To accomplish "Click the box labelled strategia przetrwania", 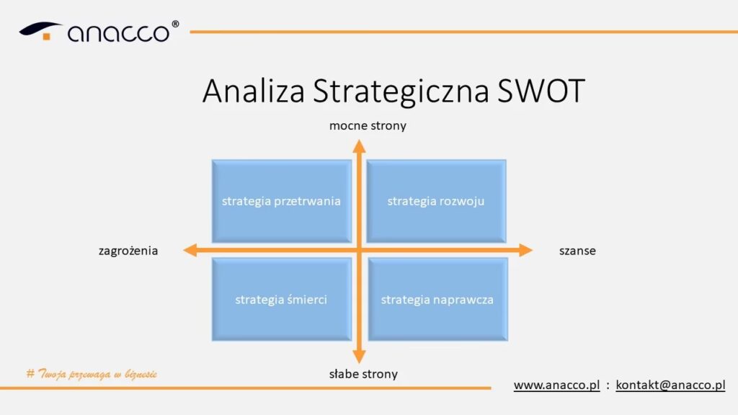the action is pos(282,202).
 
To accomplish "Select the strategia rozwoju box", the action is pos(436,202).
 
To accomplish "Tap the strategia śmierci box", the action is pos(282,299).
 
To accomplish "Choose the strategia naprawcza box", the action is pos(437,299).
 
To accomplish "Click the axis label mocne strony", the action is pos(368,126).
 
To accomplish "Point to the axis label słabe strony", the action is pos(363,374).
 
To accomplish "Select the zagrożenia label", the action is pos(128,251).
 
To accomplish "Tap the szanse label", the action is pos(577,251).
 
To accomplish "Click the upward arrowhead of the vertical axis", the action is pos(359,146).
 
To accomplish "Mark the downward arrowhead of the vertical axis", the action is pos(359,356).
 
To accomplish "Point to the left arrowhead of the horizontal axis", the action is pos(190,250).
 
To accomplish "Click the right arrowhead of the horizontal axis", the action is pos(525,250).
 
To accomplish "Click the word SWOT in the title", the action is pos(541,91).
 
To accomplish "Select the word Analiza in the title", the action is pos(254,91).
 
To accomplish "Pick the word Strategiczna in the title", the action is pos(401,92).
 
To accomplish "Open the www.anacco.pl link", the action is pos(557,385).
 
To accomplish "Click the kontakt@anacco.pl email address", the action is pos(670,385).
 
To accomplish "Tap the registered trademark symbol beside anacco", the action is pos(175,24).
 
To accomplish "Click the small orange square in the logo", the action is pos(47,36).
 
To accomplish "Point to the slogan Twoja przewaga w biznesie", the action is pos(92,374).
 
